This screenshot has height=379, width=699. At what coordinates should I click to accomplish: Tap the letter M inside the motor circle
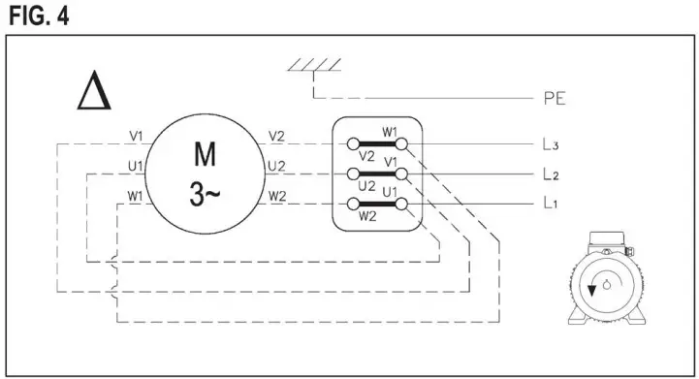coord(206,154)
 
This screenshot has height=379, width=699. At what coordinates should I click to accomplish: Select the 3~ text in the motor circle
coord(205,193)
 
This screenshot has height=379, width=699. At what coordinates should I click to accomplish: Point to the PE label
coord(556,99)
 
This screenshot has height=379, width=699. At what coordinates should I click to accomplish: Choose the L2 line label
coord(551,174)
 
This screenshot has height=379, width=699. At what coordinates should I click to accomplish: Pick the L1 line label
coord(551,205)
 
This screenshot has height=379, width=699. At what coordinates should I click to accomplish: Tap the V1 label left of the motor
coord(136,136)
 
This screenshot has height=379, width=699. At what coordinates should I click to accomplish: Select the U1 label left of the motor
coord(135,167)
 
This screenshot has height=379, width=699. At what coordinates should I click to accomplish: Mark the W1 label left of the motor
coord(135,197)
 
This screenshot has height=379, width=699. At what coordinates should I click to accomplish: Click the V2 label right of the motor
coord(277,136)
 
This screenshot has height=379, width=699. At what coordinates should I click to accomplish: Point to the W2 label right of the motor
coord(277,197)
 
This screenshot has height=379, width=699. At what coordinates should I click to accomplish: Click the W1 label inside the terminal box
coord(390,132)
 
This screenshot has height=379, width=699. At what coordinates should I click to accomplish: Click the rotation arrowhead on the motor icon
coord(591,290)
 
